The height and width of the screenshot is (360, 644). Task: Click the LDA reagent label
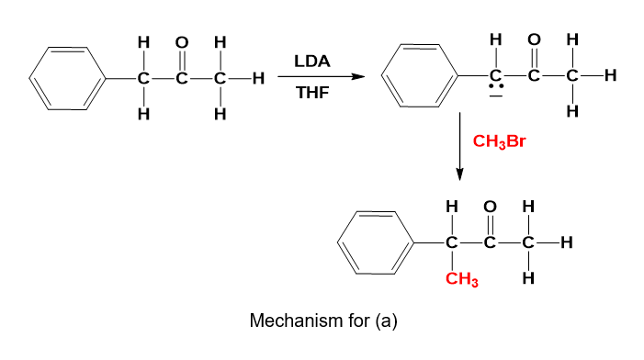(312, 62)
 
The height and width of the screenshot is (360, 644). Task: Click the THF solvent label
(312, 93)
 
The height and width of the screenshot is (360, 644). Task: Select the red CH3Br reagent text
(499, 141)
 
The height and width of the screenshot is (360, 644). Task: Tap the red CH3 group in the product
(462, 279)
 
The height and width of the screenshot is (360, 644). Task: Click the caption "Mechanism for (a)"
(323, 321)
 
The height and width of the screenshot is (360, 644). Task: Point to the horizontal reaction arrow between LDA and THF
(322, 77)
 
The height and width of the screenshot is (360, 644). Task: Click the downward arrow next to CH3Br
(460, 146)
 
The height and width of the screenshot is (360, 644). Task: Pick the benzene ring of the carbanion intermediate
(420, 76)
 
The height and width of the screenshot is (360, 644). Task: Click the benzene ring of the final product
(376, 243)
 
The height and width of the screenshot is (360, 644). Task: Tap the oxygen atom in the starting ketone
(182, 42)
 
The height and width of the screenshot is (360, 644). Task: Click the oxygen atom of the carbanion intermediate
(534, 39)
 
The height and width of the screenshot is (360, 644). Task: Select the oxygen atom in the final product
(490, 207)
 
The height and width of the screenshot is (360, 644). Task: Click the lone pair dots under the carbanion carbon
(496, 86)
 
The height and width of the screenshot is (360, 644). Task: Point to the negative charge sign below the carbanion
(496, 96)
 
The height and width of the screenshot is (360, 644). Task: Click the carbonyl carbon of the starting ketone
(182, 78)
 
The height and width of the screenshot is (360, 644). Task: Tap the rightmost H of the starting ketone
(258, 78)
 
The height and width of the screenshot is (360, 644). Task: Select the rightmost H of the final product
(567, 243)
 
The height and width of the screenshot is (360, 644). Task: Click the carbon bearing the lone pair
(496, 75)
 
